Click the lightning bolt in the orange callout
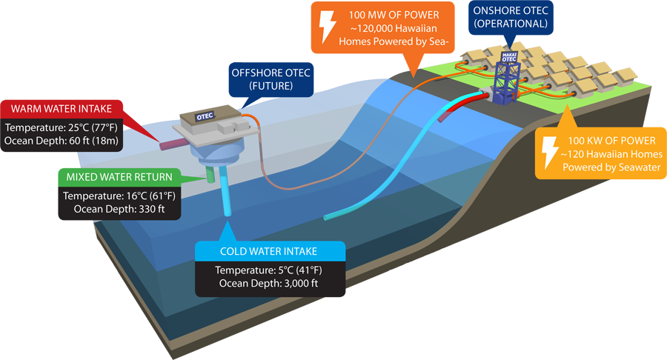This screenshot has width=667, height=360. [326, 26]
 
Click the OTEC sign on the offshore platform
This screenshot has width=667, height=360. [205, 116]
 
